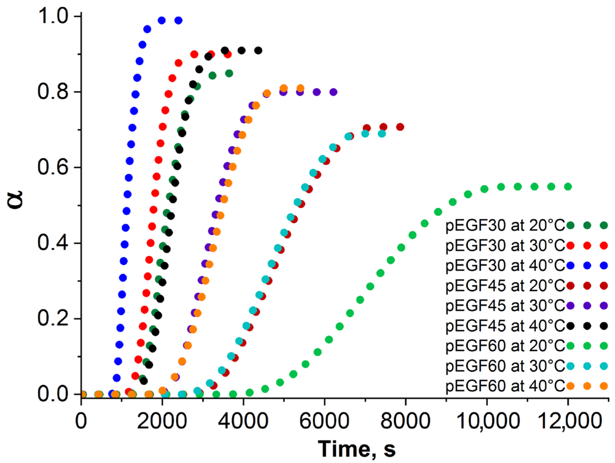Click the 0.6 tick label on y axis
[x=53, y=167]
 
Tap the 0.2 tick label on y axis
[x=53, y=318]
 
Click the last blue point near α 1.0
[x=179, y=20]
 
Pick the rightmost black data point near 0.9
[x=258, y=51]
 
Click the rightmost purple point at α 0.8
[x=334, y=92]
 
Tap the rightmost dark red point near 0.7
[x=400, y=127]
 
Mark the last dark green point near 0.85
[x=229, y=74]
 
